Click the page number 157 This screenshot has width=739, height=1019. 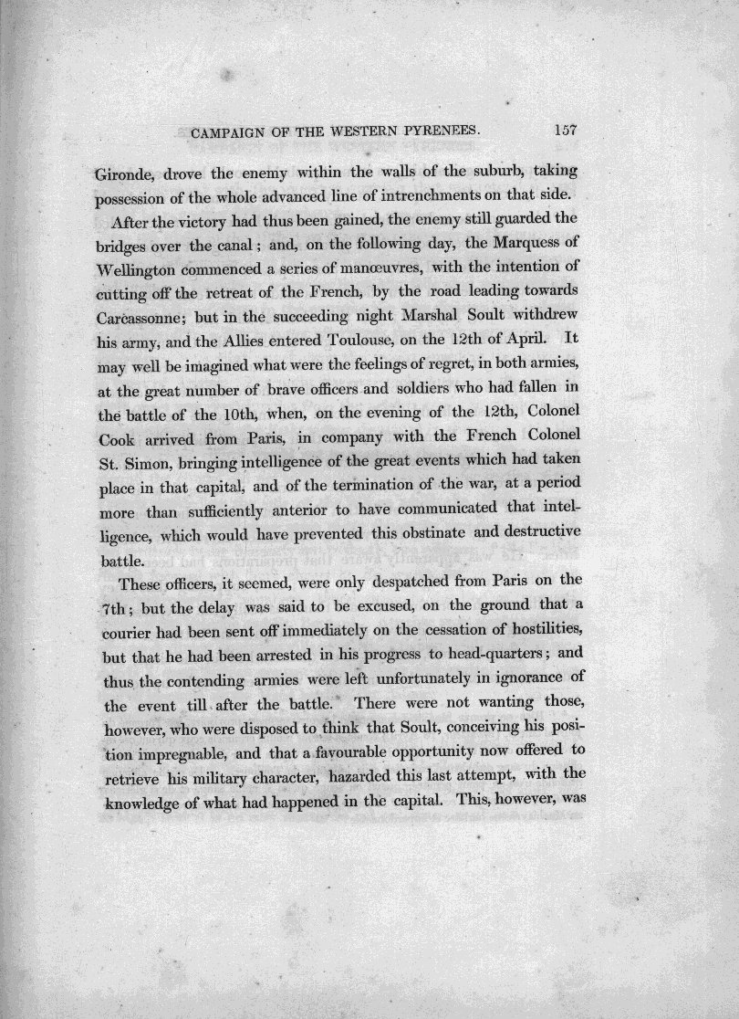[x=568, y=131]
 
